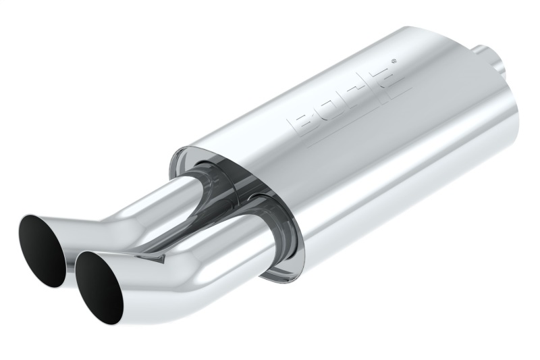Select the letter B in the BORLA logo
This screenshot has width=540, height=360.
[x=303, y=123]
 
